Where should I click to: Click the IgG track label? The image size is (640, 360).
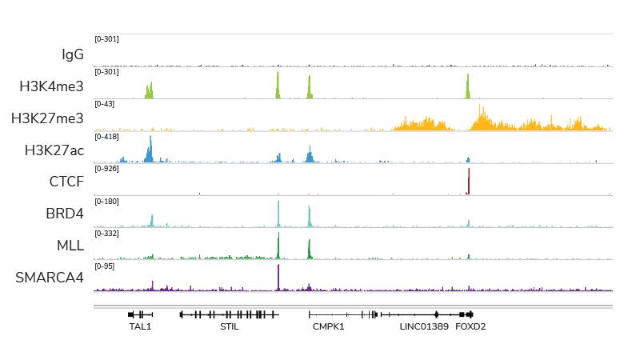point(72,54)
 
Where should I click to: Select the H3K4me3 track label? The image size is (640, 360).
point(51,86)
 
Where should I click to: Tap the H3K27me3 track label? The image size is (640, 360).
point(47,118)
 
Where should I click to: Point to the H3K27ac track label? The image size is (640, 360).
point(54,150)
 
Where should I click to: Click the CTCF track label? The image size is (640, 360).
point(66,182)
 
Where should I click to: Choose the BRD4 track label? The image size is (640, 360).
point(65,214)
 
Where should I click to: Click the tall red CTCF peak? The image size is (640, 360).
point(469,182)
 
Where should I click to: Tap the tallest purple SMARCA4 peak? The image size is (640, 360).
point(278,276)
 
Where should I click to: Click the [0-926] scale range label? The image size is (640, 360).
point(106,169)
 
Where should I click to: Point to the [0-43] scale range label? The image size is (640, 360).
point(105,104)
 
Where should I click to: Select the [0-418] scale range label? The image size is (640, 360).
point(106,137)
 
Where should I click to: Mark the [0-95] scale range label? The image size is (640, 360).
point(105,266)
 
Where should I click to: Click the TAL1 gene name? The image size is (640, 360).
point(140,326)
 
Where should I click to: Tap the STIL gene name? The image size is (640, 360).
point(230,326)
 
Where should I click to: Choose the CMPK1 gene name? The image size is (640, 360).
point(328,326)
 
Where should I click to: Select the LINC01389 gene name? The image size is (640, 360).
point(423,326)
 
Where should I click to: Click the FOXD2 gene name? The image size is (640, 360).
point(471,326)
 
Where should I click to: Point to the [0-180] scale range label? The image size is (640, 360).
point(106,201)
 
